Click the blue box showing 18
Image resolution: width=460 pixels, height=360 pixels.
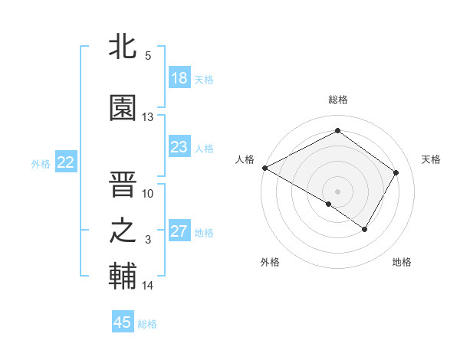click(x=179, y=78)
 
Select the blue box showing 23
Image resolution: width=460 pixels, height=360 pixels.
click(x=179, y=147)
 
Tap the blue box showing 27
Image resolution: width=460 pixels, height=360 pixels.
click(x=179, y=231)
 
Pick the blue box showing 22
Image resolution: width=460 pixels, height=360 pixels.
click(x=66, y=162)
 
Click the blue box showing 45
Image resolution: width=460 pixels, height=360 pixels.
click(x=123, y=322)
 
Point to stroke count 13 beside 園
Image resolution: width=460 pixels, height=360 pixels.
click(x=148, y=117)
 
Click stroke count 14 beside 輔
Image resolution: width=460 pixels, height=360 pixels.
click(x=148, y=286)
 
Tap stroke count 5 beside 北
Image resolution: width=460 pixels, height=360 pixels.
click(x=148, y=55)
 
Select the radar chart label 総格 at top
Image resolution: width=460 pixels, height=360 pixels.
click(x=337, y=100)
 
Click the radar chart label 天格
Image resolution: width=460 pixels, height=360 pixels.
click(x=432, y=159)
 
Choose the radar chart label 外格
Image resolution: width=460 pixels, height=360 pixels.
click(x=270, y=262)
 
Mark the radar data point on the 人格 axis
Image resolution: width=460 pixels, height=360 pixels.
click(x=264, y=168)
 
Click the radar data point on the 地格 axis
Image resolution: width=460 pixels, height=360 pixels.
click(x=365, y=229)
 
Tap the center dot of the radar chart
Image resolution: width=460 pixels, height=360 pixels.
click(x=337, y=191)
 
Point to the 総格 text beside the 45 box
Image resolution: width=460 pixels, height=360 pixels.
click(x=147, y=324)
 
